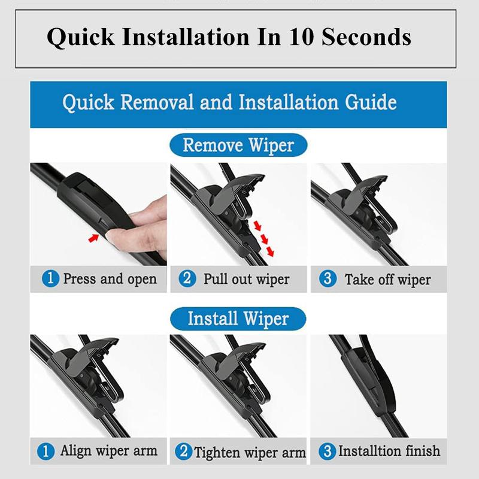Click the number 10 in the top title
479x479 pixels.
pos(304,37)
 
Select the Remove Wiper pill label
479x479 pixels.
pos(238,145)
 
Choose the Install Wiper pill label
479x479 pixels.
pos(238,318)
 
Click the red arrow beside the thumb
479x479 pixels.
pos(93,238)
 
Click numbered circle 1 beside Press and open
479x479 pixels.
pos(50,278)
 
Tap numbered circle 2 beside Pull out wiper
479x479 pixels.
pos(188,278)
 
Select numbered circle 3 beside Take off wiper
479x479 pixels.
pos(328,278)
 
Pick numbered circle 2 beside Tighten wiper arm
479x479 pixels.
pos(183,451)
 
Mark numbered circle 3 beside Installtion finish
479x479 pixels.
pos(327,451)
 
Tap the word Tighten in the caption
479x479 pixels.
pos(219,452)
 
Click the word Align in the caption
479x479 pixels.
pos(77,451)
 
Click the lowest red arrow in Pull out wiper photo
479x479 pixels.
pos(270,252)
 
